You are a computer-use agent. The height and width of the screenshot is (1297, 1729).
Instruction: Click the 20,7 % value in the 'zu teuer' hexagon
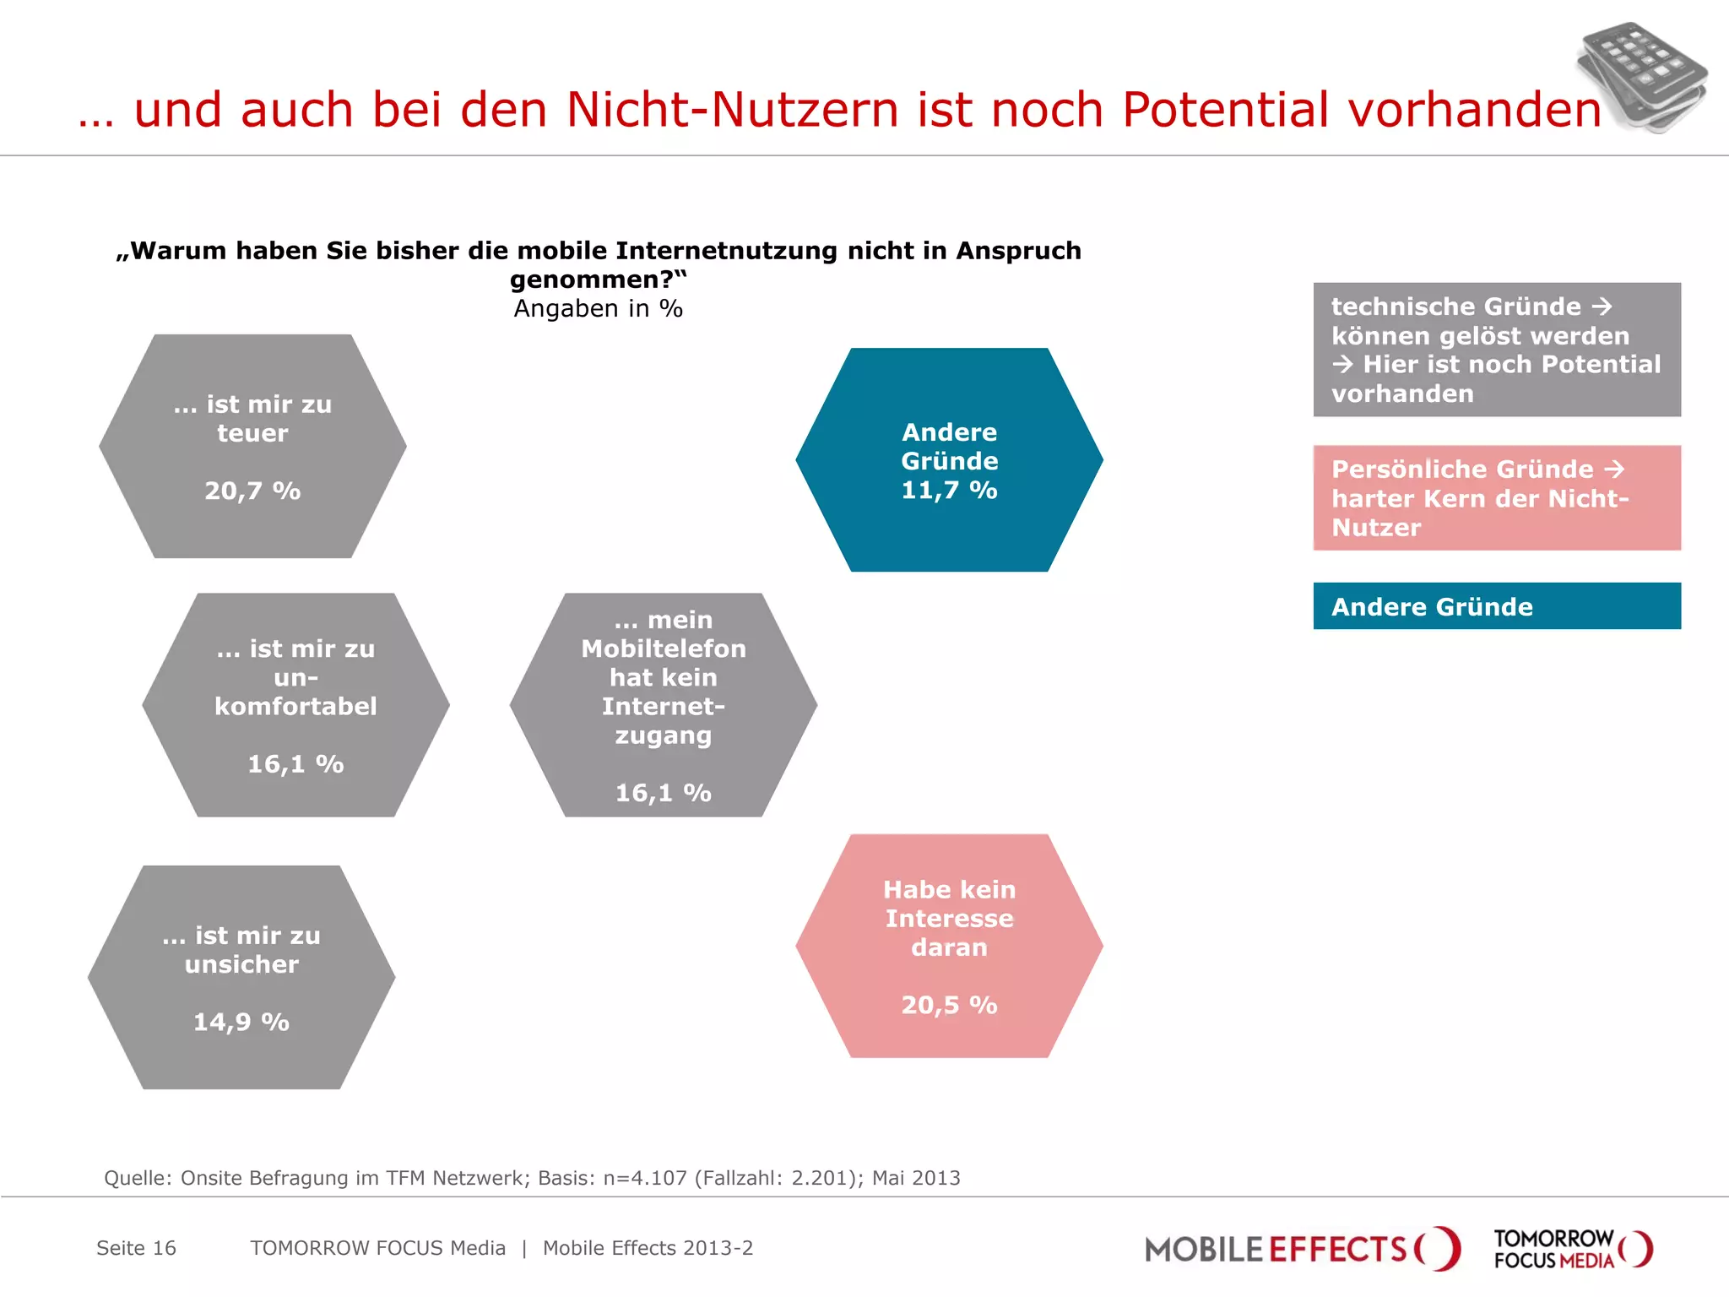click(252, 491)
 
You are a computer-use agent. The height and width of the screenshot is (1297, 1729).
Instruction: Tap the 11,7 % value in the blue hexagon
click(949, 490)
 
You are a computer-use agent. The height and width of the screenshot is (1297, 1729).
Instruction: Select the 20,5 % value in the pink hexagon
click(949, 1005)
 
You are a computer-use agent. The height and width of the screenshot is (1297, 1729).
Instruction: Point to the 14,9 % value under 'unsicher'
click(241, 1022)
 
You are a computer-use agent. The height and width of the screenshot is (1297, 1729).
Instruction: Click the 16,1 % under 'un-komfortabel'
click(295, 764)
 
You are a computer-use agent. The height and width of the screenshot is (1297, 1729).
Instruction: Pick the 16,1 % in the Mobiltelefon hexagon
click(663, 793)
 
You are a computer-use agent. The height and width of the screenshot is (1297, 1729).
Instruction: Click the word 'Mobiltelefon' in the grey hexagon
click(664, 648)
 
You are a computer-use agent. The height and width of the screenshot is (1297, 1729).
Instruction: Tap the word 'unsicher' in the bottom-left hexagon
click(241, 964)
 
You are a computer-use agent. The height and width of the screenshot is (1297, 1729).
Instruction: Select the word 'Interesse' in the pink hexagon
click(949, 919)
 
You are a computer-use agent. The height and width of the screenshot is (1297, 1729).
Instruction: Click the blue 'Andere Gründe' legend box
click(1496, 606)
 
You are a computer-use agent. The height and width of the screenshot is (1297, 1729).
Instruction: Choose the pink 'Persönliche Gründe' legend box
click(1496, 498)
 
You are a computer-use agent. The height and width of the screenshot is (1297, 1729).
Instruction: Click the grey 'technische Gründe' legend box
click(1496, 350)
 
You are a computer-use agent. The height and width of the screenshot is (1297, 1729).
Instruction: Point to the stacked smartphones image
click(1641, 76)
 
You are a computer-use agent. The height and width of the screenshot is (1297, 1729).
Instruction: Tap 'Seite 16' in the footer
click(136, 1248)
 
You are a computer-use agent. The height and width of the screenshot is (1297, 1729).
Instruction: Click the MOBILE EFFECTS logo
click(1301, 1249)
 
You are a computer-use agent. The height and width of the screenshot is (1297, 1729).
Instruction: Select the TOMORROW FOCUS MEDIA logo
click(1572, 1249)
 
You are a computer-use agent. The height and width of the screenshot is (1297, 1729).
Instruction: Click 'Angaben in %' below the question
click(598, 308)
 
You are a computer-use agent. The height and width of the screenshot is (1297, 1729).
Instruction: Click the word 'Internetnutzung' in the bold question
click(726, 251)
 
